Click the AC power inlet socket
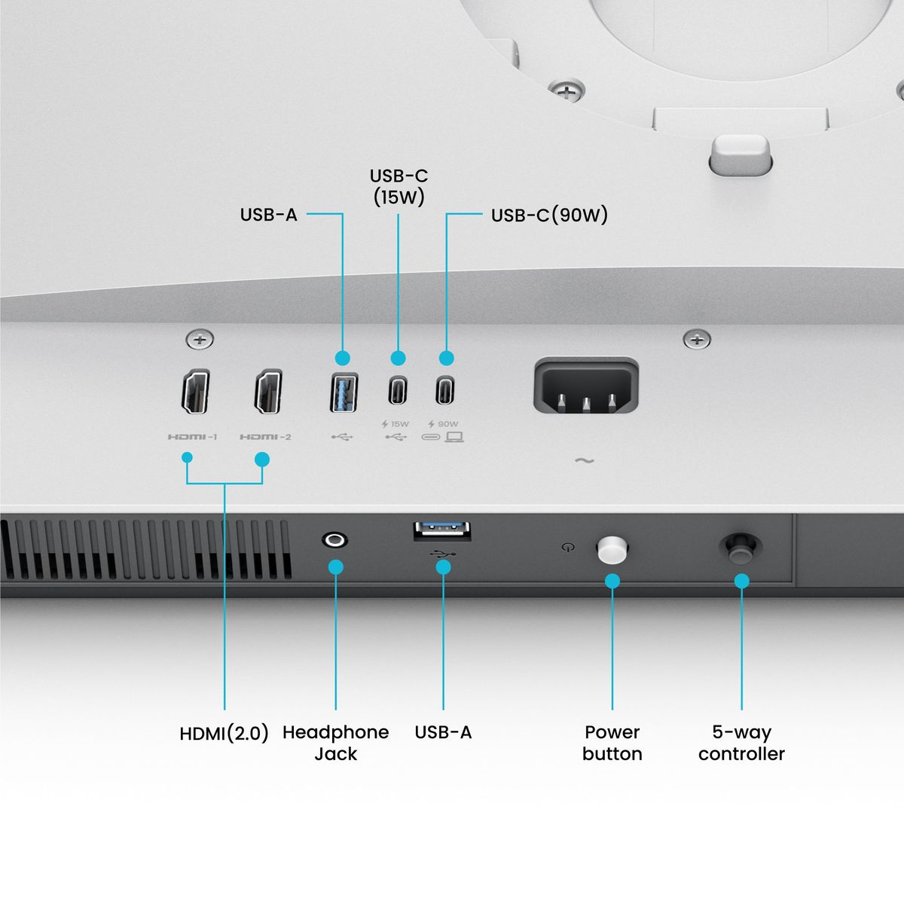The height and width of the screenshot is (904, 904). tap(586, 387)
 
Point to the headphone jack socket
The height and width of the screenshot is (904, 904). tap(334, 539)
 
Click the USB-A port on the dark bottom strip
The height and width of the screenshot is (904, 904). tap(442, 530)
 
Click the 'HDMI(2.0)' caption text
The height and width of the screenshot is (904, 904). tap(224, 733)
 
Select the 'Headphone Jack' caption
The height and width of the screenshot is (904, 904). tap(335, 743)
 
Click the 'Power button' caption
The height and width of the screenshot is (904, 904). tap(612, 743)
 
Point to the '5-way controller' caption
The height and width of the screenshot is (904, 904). tap(741, 743)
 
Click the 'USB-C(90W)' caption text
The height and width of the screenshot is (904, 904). tap(549, 215)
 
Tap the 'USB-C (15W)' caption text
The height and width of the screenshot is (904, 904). tap(399, 187)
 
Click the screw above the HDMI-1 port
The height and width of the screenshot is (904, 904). tap(200, 340)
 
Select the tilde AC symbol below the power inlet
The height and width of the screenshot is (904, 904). tap(584, 460)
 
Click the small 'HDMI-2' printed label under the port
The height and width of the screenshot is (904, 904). tap(265, 437)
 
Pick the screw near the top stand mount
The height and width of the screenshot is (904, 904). tap(566, 91)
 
